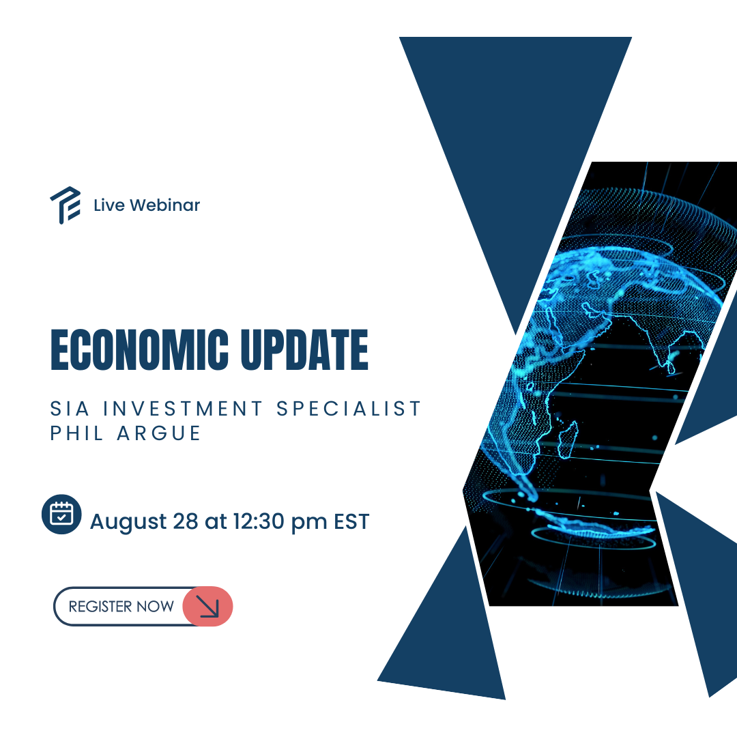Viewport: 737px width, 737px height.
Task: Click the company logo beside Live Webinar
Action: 66,205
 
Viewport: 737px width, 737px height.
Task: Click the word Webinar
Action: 165,205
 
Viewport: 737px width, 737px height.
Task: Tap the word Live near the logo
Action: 109,205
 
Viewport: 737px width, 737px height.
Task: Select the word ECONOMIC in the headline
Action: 140,349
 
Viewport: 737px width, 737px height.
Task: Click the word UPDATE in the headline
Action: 304,349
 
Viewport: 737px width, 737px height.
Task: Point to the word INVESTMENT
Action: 183,409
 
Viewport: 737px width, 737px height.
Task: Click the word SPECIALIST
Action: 348,409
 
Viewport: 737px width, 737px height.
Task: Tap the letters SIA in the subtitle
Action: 70,409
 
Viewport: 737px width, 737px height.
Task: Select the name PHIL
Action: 76,433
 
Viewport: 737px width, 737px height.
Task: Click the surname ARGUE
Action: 159,433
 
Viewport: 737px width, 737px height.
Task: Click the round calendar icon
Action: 61,515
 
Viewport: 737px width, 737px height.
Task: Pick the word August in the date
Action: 128,522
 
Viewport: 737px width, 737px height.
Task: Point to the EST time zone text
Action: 351,521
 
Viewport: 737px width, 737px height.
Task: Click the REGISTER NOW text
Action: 121,607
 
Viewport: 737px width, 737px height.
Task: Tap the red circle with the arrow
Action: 207,607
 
